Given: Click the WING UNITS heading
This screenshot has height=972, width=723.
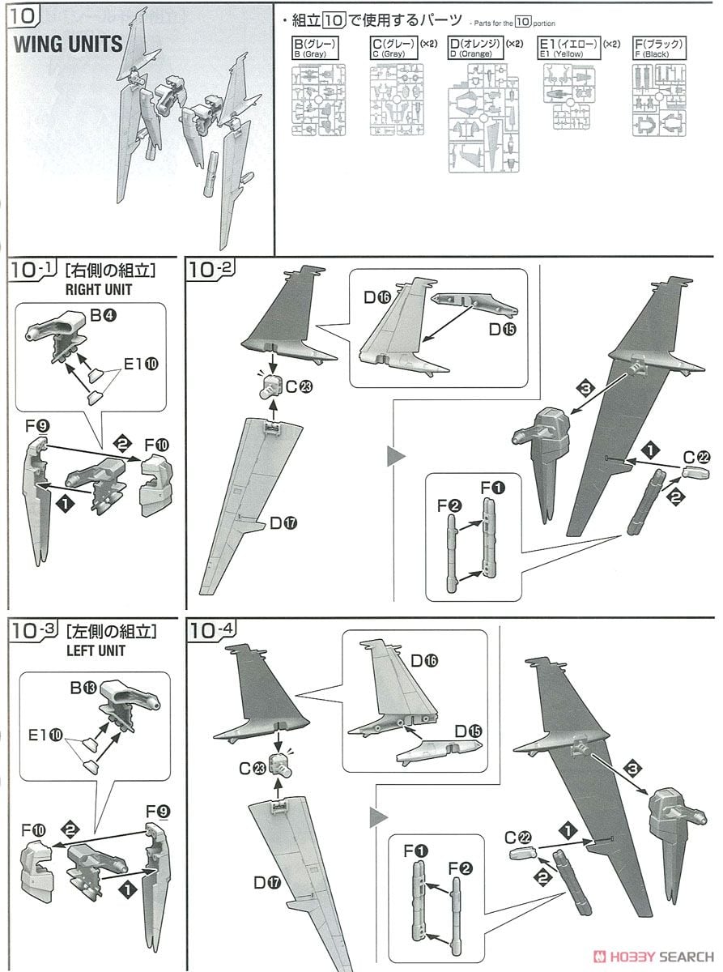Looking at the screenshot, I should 68,43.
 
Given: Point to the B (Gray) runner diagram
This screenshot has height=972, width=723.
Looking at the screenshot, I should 319,99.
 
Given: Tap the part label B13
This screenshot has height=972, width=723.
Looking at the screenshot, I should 84,688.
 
